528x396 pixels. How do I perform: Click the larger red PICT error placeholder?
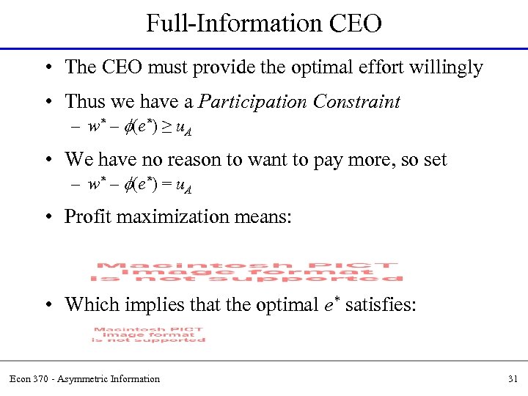tap(247, 271)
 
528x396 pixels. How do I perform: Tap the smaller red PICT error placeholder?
tap(149, 334)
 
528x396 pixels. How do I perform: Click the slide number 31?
tap(512, 379)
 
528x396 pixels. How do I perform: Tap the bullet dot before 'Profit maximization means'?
tap(48, 217)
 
